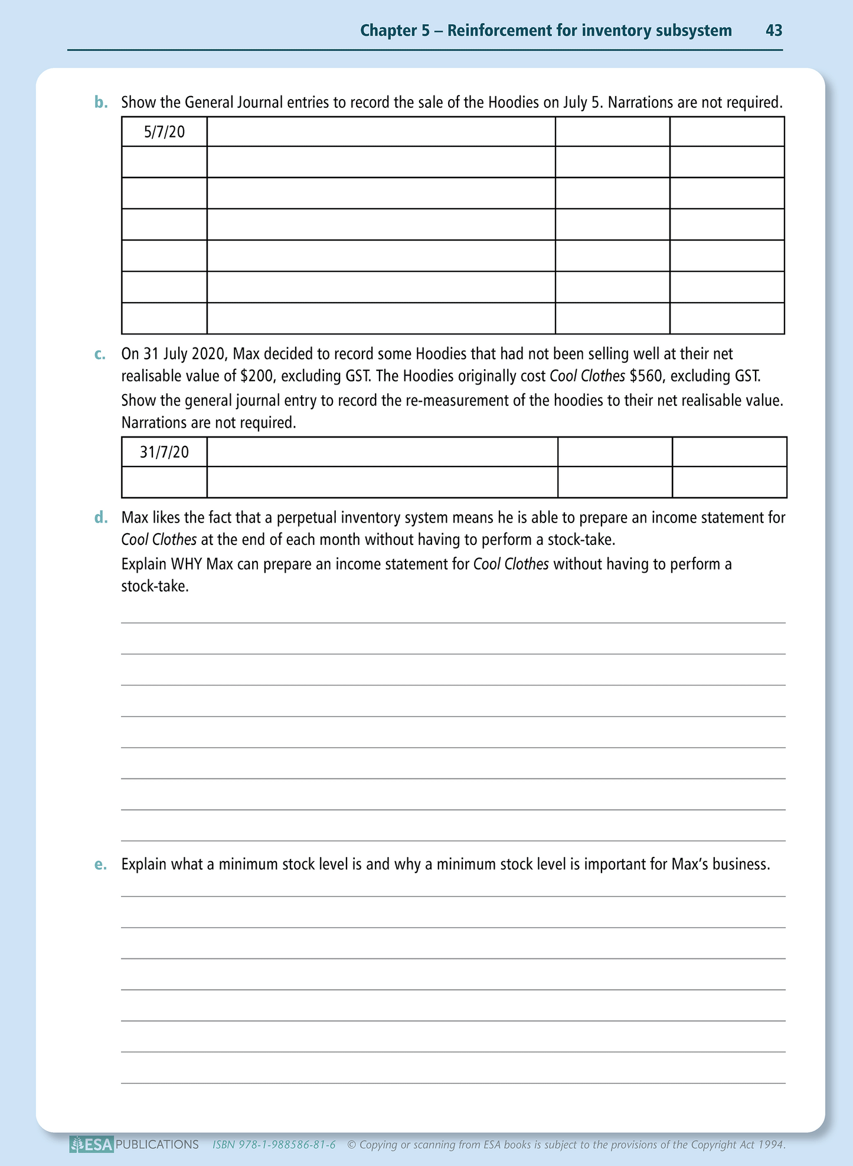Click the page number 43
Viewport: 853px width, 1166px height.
tap(773, 31)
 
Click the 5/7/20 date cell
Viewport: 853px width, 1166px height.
tap(164, 132)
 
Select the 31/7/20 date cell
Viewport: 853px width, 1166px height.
tap(164, 452)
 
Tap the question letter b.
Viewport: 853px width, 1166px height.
tap(102, 103)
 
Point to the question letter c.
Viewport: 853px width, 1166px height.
tap(100, 354)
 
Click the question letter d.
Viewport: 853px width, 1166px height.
tap(102, 518)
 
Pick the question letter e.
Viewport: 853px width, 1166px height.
tap(101, 865)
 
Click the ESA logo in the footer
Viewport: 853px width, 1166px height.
tap(91, 1144)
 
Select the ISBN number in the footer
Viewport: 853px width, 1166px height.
tap(274, 1145)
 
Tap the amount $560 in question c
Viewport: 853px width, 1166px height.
tap(646, 376)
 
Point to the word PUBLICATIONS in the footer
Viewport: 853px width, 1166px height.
tap(157, 1144)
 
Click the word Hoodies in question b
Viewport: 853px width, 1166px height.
tap(513, 103)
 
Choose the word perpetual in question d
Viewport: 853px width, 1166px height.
tap(306, 518)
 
